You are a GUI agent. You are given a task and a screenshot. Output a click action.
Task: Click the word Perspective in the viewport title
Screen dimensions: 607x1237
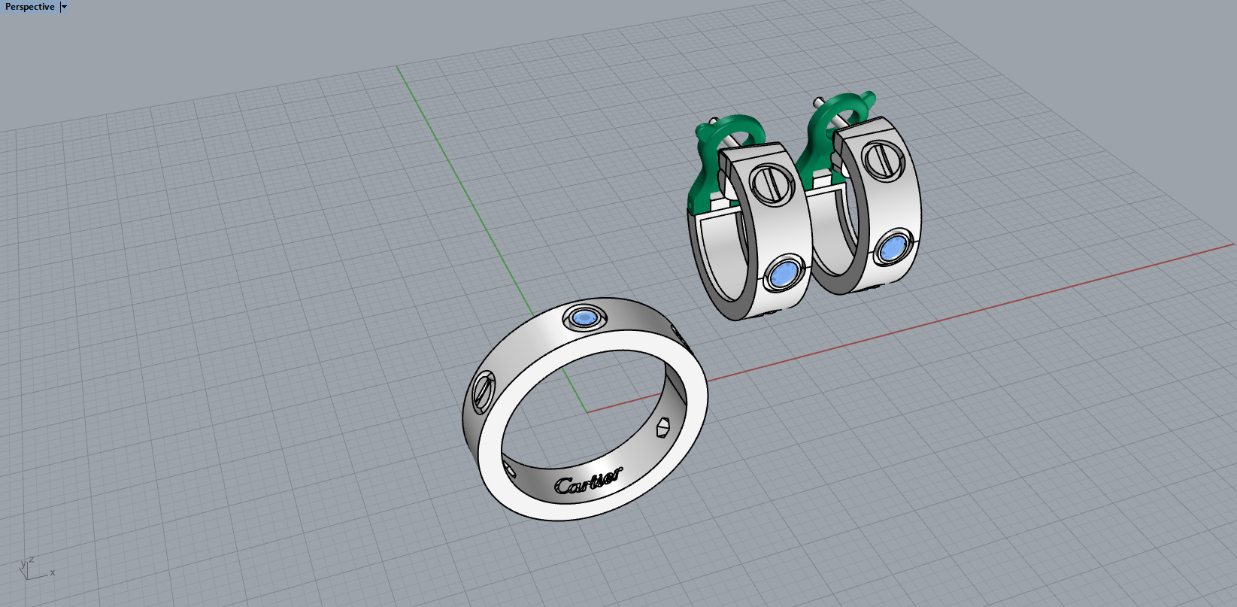[30, 7]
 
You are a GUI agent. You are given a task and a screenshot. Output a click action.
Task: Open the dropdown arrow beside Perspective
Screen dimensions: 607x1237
[64, 7]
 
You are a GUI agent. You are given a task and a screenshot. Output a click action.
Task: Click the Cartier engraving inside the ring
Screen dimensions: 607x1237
[588, 481]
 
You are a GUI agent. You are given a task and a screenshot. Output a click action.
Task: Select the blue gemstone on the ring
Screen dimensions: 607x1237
[584, 318]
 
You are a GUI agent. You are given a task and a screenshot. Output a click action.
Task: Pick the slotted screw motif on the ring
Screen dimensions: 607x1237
[482, 390]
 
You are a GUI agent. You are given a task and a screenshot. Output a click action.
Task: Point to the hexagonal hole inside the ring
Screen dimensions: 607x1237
[662, 427]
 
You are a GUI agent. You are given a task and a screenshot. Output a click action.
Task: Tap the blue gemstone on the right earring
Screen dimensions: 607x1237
[892, 248]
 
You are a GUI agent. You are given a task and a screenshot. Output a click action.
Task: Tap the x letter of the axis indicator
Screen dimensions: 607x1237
[53, 572]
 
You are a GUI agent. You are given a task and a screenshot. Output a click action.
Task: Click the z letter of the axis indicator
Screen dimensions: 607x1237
[32, 560]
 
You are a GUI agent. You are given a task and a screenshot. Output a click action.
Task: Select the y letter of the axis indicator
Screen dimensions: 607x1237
[23, 563]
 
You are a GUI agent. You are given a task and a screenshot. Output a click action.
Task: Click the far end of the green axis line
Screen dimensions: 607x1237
[398, 67]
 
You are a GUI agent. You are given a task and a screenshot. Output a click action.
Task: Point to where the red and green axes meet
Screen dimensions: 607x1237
[587, 411]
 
